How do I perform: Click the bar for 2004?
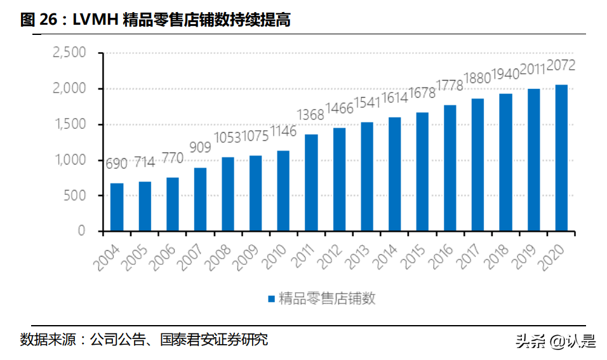pos(117,207)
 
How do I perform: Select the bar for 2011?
pos(311,183)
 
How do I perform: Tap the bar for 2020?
pos(561,158)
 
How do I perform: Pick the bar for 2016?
pos(450,168)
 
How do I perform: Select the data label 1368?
pos(311,114)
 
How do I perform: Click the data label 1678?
pos(422,93)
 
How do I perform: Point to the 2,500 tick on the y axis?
pos(68,53)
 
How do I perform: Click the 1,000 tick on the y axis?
pos(68,160)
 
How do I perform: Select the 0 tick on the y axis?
pos(81,231)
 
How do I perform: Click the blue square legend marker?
pos(270,298)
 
